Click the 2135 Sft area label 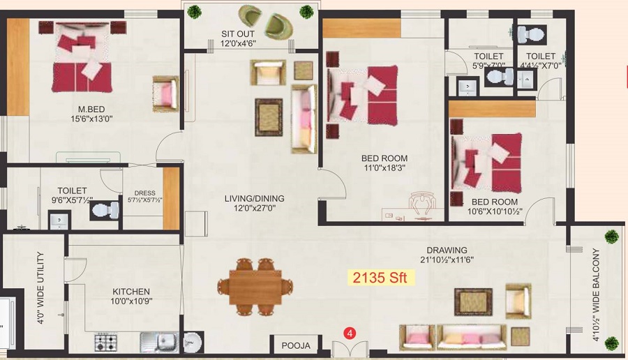click(383, 278)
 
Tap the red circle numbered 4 click(351, 333)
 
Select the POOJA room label click(296, 345)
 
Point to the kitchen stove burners click(107, 343)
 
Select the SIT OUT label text click(238, 33)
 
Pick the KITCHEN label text click(131, 292)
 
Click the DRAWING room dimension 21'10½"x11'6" click(449, 261)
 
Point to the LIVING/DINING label click(254, 198)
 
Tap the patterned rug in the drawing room click(474, 301)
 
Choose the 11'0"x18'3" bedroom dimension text click(384, 168)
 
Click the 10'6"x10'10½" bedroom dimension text click(494, 211)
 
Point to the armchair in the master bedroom click(166, 93)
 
